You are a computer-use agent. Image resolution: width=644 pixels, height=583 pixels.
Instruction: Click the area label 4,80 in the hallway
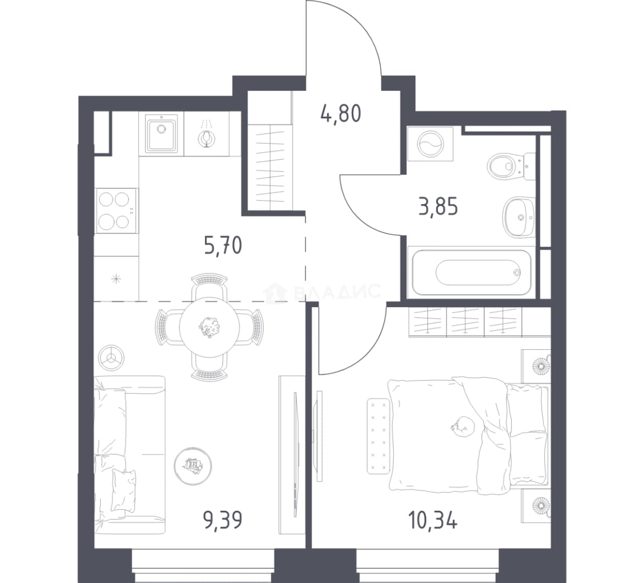coord(340,114)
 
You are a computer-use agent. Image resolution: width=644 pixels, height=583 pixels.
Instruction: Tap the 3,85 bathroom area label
coord(438,206)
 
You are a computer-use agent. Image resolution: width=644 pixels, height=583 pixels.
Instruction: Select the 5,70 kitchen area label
coord(223,246)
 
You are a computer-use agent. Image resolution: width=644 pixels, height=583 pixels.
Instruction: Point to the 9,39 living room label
coord(223,520)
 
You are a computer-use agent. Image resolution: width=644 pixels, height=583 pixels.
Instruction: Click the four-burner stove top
coord(117,211)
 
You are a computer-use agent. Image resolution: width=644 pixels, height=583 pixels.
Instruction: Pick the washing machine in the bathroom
coord(430,144)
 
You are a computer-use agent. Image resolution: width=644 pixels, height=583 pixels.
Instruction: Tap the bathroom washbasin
coord(518,217)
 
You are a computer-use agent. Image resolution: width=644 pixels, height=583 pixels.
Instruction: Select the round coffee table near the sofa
coord(193,465)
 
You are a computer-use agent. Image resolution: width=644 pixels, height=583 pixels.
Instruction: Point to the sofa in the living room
coord(130,455)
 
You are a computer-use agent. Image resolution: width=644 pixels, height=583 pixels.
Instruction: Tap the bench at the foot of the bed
coord(378,436)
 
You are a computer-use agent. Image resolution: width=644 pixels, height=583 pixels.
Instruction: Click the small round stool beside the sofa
coord(111,358)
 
